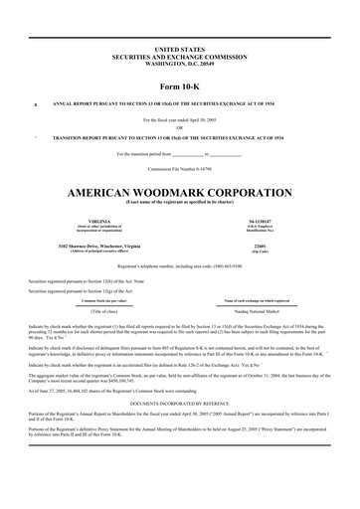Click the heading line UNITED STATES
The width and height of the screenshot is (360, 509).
click(179, 49)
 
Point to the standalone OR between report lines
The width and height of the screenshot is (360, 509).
click(179, 127)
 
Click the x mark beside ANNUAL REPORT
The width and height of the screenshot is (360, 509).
click(36, 103)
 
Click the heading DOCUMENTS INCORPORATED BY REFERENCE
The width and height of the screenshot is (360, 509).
click(179, 404)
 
